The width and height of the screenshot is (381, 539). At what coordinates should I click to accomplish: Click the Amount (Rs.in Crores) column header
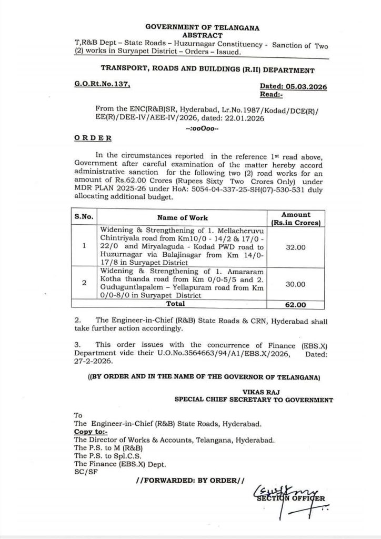pyautogui.click(x=296, y=218)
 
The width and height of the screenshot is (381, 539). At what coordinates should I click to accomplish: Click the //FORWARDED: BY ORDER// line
pyautogui.click(x=190, y=481)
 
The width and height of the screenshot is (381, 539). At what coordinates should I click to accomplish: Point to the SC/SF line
pyautogui.click(x=84, y=471)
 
